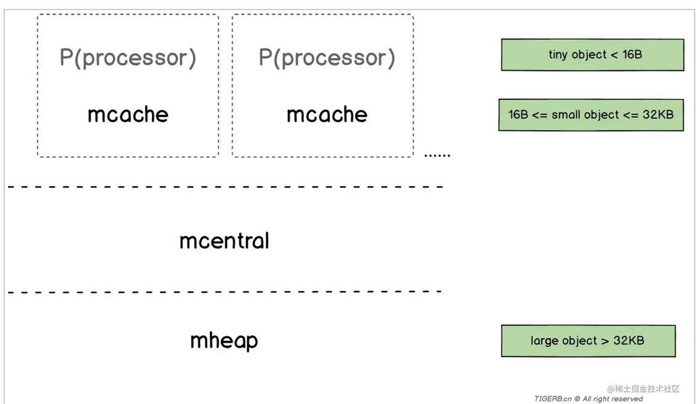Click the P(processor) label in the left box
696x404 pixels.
[x=128, y=57]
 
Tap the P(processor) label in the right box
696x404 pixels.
[x=327, y=57]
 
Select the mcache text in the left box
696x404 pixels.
[x=128, y=114]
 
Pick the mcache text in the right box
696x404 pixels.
[x=327, y=114]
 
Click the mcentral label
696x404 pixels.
[x=224, y=241]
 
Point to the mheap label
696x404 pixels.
[x=224, y=341]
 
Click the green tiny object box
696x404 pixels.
[x=593, y=54]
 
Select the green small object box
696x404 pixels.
[x=591, y=115]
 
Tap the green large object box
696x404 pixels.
[x=589, y=340]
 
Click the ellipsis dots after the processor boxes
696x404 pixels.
[x=437, y=156]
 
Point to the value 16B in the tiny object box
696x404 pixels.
[x=632, y=54]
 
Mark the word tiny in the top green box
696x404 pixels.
[x=558, y=54]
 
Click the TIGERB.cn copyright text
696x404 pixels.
[x=589, y=398]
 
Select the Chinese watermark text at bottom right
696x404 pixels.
[x=643, y=389]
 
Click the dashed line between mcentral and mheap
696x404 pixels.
[x=225, y=292]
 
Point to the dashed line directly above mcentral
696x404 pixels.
[x=225, y=187]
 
